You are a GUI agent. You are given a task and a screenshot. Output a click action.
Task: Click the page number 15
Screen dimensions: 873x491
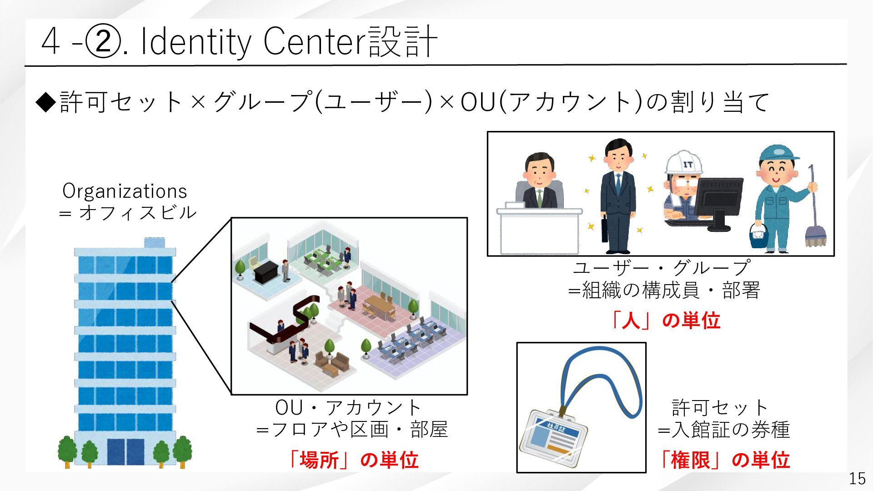(857, 478)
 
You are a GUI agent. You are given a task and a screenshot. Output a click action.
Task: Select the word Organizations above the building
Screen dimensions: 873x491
(125, 191)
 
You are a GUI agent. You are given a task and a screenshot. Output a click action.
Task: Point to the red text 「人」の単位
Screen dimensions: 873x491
(665, 321)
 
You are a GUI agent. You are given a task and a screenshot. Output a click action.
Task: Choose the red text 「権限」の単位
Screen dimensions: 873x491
(725, 460)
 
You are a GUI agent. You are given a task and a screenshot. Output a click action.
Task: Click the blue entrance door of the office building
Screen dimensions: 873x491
(125, 451)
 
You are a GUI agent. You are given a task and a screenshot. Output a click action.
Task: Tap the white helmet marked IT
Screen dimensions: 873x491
(683, 163)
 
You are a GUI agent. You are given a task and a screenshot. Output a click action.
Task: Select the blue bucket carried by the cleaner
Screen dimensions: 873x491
(759, 235)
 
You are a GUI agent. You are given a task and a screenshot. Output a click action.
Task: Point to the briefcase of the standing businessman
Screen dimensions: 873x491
(604, 230)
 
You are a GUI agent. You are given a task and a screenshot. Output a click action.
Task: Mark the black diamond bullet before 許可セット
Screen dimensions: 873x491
(47, 101)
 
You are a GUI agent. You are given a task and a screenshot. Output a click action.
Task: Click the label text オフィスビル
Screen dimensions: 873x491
(138, 212)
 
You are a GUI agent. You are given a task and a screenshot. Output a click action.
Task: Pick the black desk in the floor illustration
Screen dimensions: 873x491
(265, 272)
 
